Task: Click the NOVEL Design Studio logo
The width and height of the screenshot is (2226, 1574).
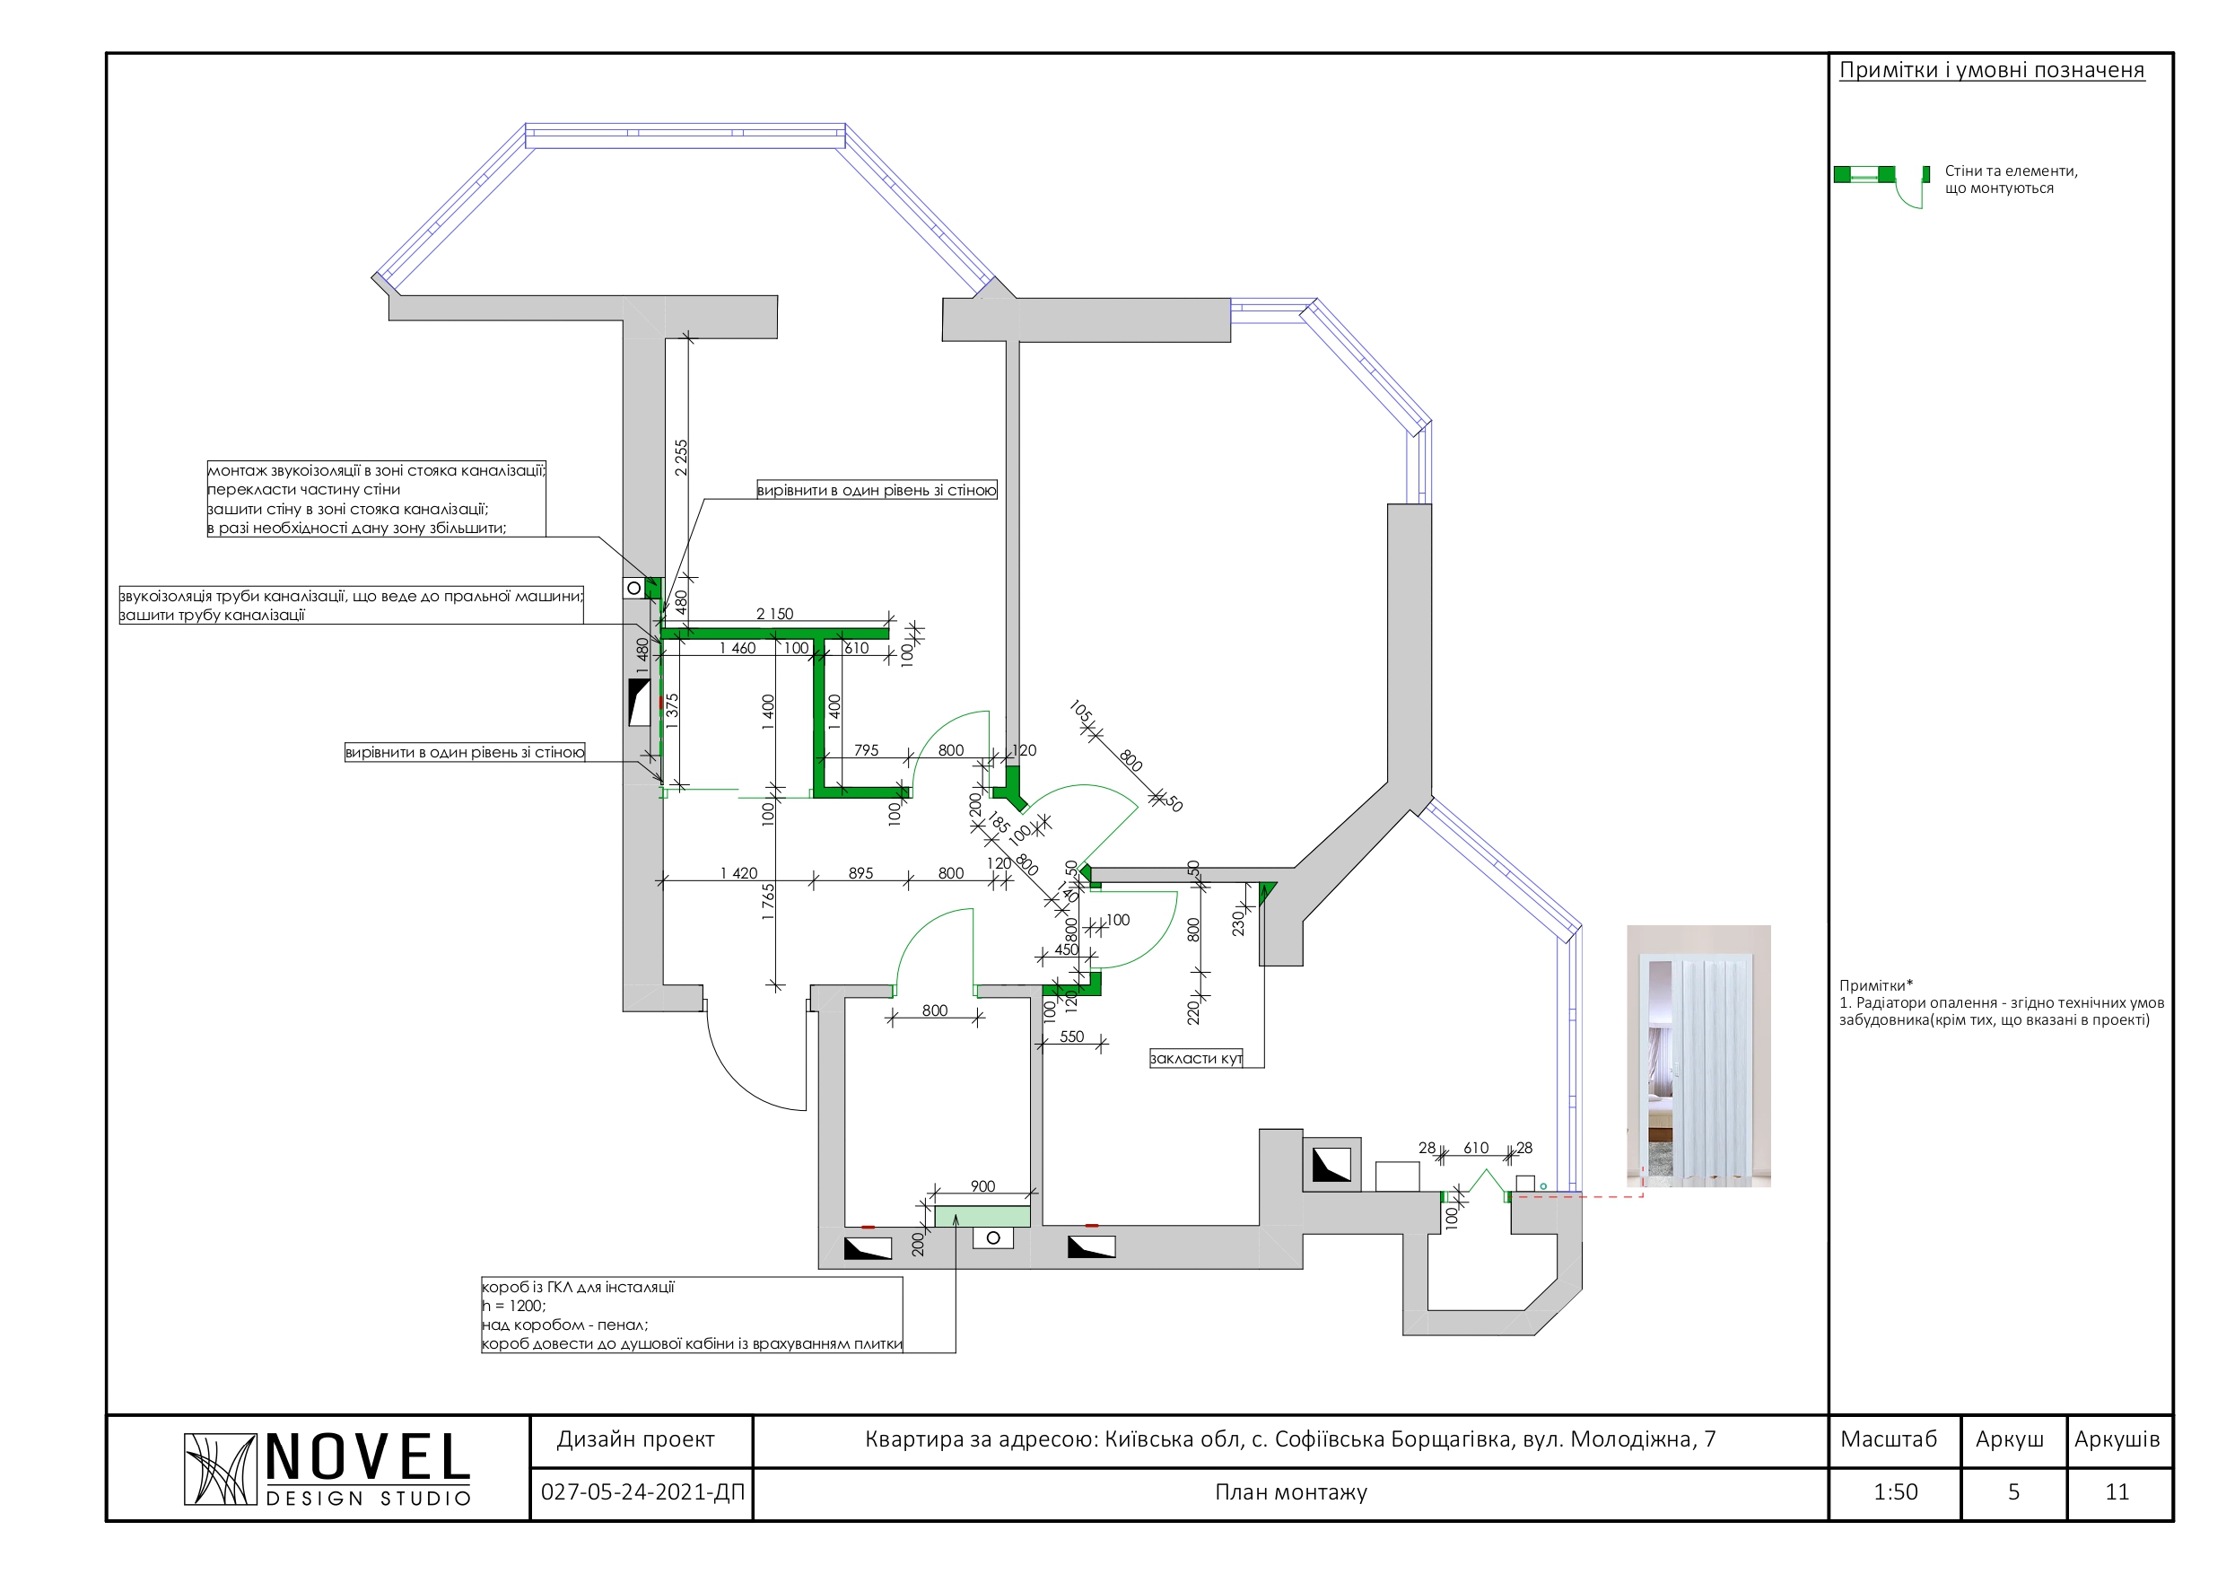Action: click(x=327, y=1468)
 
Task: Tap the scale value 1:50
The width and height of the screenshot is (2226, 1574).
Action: click(x=1894, y=1491)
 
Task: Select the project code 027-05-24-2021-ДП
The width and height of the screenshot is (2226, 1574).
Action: click(x=642, y=1491)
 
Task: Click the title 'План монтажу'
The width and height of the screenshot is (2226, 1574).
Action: click(x=1290, y=1491)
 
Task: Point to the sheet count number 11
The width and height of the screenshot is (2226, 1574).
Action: click(x=2117, y=1491)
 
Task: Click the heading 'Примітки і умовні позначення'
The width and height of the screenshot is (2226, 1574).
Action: click(x=1992, y=70)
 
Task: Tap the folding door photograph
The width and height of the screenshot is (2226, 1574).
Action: click(x=1698, y=1055)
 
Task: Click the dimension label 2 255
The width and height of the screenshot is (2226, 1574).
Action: click(x=681, y=457)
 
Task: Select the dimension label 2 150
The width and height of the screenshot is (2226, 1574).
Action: click(x=773, y=613)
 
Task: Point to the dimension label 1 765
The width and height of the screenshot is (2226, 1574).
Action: click(x=768, y=901)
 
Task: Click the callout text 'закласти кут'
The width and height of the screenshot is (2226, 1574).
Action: click(x=1195, y=1058)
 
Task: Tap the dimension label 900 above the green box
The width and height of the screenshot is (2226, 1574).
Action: click(x=982, y=1186)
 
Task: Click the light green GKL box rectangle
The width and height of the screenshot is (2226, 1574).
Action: click(x=982, y=1216)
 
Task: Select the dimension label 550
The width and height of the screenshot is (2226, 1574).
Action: click(x=1071, y=1036)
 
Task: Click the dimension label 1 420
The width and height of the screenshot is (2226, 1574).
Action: click(x=738, y=873)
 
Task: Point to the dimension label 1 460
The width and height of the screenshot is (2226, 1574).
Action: click(x=737, y=648)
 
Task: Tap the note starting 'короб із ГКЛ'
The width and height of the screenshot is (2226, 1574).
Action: click(x=691, y=1315)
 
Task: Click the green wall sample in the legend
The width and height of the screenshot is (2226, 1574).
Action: click(x=1864, y=175)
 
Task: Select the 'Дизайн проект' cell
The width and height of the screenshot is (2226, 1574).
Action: click(x=636, y=1439)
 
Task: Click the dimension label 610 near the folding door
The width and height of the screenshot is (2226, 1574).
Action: click(x=1476, y=1147)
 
